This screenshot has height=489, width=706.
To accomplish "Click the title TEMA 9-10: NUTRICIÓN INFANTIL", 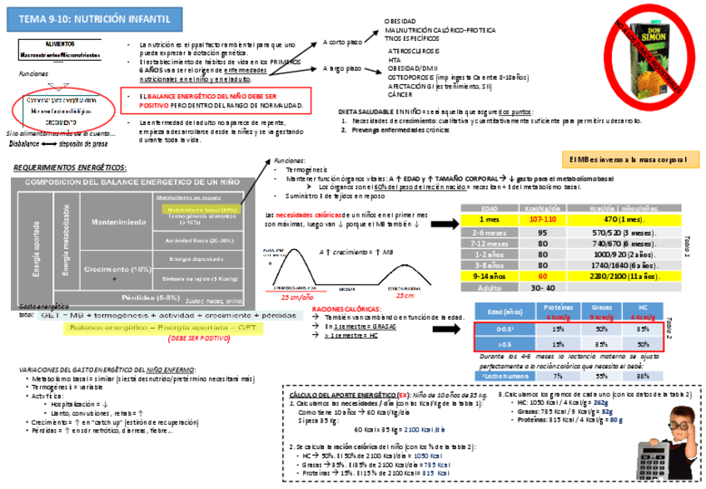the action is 95,17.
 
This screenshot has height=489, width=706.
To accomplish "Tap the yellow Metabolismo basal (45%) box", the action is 191,210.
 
